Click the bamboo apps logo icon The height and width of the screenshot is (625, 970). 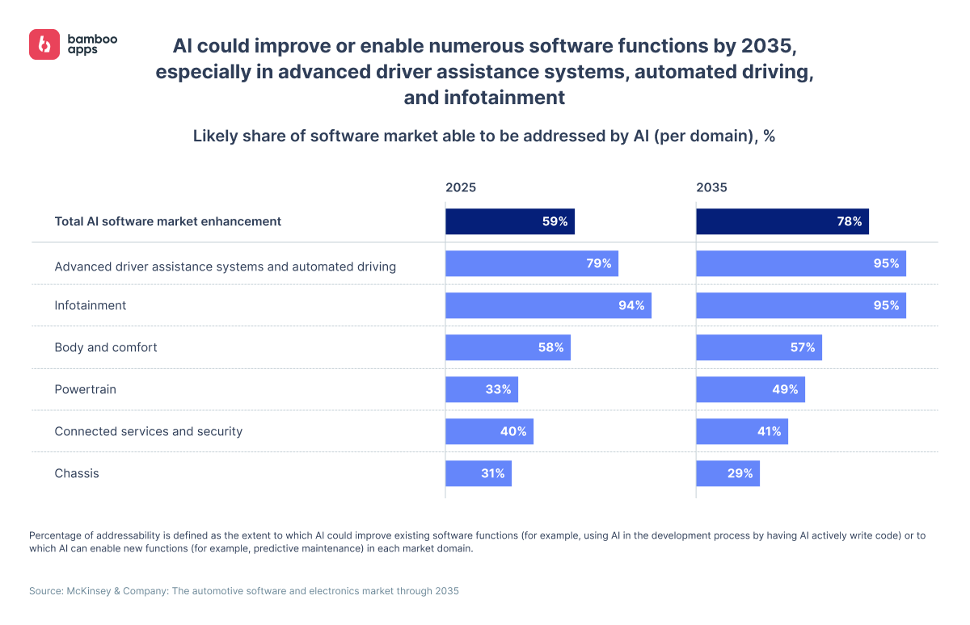click(44, 44)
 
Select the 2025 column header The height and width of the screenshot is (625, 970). click(461, 187)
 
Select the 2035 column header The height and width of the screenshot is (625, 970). click(711, 187)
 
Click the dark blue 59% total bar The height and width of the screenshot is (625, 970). click(509, 221)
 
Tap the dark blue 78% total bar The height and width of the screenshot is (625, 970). click(782, 221)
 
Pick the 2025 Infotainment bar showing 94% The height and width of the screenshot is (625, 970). click(548, 305)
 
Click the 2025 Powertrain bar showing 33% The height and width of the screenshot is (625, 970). click(481, 389)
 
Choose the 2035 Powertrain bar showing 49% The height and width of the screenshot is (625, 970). click(750, 389)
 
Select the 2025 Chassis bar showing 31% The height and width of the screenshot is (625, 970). click(478, 473)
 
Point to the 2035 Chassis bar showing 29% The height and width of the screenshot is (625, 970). click(727, 473)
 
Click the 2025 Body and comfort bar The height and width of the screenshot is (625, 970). click(508, 347)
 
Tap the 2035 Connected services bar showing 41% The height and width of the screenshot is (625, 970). click(741, 431)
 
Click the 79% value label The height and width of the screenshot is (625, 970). click(599, 263)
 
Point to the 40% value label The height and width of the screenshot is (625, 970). click(513, 431)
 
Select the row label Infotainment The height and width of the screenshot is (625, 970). click(91, 305)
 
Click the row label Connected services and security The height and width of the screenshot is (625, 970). click(148, 431)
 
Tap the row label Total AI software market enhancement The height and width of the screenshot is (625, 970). click(167, 221)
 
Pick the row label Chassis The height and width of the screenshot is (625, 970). click(77, 473)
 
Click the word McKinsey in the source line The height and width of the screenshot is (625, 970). click(91, 591)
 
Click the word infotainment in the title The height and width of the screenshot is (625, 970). click(504, 98)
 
